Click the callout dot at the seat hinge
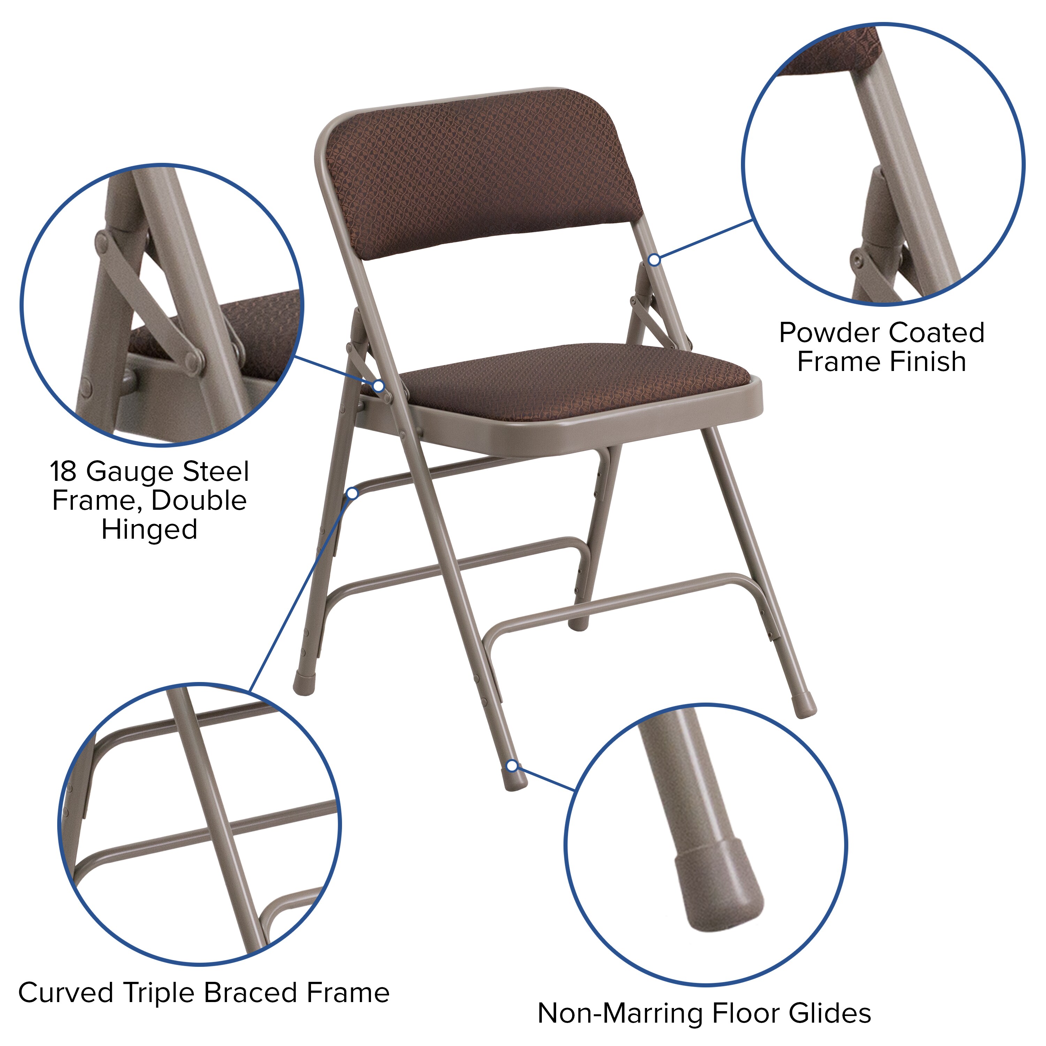[x=379, y=386]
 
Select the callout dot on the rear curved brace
[x=353, y=493]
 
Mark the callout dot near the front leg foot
[x=511, y=766]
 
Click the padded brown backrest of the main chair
[x=482, y=173]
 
